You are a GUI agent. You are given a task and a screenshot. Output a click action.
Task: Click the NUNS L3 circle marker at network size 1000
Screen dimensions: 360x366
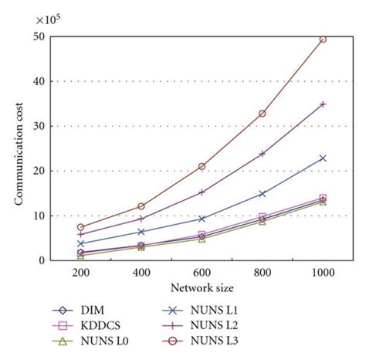click(323, 39)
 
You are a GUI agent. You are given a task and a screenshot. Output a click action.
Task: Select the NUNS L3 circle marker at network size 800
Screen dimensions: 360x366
click(263, 114)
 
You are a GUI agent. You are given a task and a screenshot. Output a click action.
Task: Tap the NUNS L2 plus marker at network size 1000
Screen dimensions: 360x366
click(323, 104)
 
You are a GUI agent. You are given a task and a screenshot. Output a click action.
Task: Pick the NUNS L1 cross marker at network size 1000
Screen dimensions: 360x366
click(323, 158)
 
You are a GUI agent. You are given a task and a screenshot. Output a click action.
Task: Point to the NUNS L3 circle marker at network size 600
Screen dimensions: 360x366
click(202, 166)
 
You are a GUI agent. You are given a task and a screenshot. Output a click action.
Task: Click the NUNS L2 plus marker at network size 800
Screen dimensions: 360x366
click(263, 154)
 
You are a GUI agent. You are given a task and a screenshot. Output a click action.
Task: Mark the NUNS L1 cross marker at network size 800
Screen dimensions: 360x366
click(263, 194)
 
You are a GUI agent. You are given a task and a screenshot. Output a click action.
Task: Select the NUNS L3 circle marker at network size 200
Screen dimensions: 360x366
click(80, 227)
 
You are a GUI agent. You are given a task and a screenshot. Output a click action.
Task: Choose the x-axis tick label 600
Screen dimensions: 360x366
click(202, 272)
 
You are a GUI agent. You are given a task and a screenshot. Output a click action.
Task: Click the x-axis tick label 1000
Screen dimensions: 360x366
click(323, 272)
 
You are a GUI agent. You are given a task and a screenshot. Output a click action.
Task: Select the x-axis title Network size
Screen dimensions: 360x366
click(202, 287)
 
